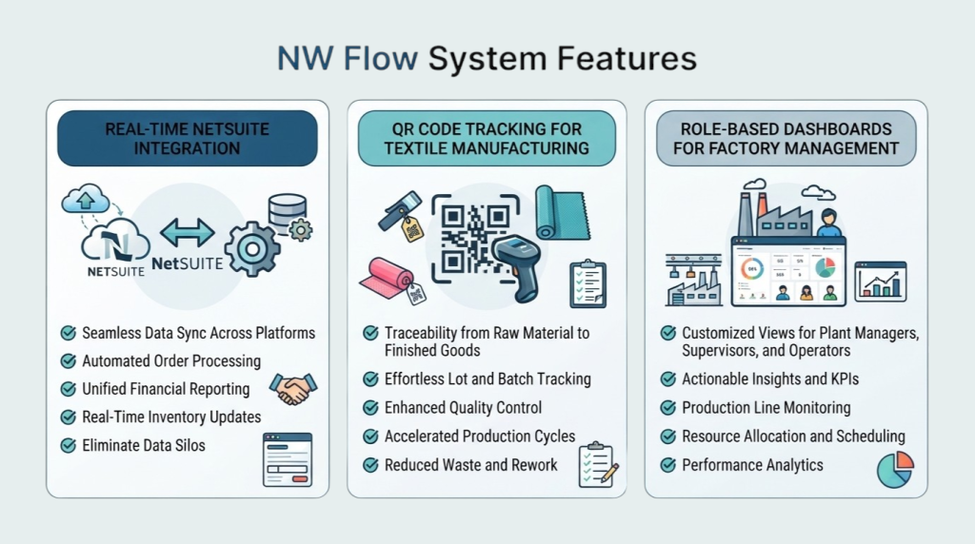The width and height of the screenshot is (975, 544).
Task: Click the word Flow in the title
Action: (x=380, y=58)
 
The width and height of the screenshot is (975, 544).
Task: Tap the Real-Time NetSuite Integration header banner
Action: (x=188, y=139)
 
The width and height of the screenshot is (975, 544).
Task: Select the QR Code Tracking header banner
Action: (x=487, y=139)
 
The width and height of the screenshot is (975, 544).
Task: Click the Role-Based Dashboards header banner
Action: (x=786, y=139)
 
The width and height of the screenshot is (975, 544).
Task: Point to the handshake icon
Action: (x=293, y=389)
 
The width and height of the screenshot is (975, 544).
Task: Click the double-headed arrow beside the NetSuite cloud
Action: (x=188, y=233)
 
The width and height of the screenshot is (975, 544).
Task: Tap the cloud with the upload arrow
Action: (x=86, y=199)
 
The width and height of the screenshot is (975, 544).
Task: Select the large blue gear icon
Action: (x=251, y=249)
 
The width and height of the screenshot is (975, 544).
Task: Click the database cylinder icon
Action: (x=288, y=211)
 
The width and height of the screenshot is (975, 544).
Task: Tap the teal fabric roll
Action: (x=562, y=213)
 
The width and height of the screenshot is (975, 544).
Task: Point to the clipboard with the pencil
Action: (x=598, y=464)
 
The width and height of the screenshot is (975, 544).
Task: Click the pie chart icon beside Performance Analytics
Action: (x=895, y=470)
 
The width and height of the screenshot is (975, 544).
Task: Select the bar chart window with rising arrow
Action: (x=881, y=282)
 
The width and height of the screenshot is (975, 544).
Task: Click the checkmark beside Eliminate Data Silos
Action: (x=69, y=445)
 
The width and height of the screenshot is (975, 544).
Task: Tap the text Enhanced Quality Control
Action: (x=464, y=407)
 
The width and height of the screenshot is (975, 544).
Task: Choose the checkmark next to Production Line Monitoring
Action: (x=668, y=407)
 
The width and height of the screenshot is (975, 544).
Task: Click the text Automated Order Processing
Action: (x=171, y=360)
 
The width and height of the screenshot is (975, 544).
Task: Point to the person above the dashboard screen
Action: (x=828, y=223)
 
